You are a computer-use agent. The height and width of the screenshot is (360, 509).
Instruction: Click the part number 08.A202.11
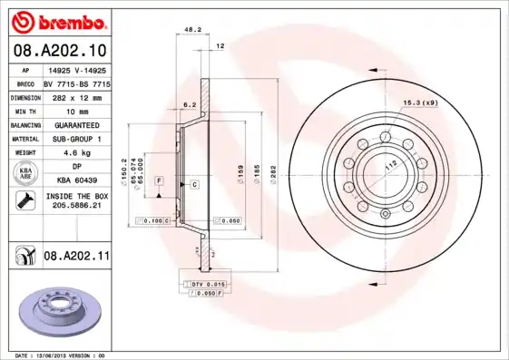[x=76, y=257]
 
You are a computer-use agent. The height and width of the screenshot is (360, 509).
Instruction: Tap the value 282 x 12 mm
[x=75, y=95]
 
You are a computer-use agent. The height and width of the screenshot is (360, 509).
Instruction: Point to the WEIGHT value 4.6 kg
[x=75, y=153]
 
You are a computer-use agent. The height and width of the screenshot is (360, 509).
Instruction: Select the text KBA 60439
[x=75, y=181]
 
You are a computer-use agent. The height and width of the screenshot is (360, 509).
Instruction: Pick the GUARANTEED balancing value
[x=75, y=124]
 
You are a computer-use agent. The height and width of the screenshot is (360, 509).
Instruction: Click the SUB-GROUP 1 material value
[x=75, y=139]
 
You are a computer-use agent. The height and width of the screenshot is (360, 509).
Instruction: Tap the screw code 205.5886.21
[x=75, y=206]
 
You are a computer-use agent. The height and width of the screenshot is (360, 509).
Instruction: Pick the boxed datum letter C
[x=194, y=184]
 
